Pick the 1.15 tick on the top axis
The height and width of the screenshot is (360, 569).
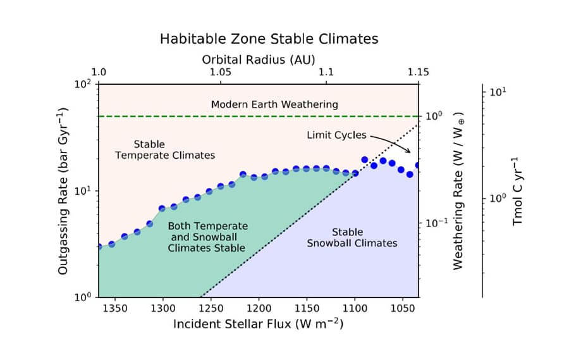pyautogui.click(x=415, y=73)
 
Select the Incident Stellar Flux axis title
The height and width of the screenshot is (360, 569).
pyautogui.click(x=258, y=324)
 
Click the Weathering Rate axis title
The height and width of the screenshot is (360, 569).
pyautogui.click(x=458, y=190)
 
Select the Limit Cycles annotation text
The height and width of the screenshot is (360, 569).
pyautogui.click(x=335, y=135)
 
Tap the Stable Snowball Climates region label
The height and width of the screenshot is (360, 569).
pyautogui.click(x=347, y=238)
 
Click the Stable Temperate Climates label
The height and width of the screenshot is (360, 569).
pyautogui.click(x=165, y=150)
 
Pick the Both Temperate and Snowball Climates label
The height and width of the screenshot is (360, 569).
pyautogui.click(x=208, y=237)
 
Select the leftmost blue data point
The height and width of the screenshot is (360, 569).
pyautogui.click(x=99, y=247)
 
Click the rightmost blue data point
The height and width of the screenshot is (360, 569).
pyautogui.click(x=418, y=166)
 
